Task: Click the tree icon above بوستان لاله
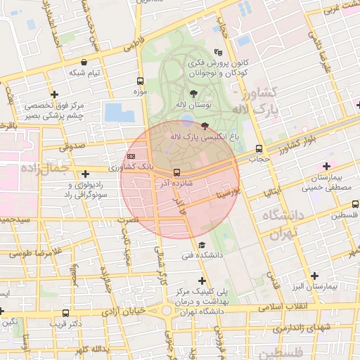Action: pyautogui.click(x=193, y=93)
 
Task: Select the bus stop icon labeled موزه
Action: pyautogui.click(x=140, y=81)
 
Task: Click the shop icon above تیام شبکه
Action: pyautogui.click(x=84, y=62)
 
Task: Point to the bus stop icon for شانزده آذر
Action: pyautogui.click(x=176, y=172)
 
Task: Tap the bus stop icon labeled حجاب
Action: pyautogui.click(x=259, y=148)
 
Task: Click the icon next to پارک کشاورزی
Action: pyautogui.click(x=131, y=156)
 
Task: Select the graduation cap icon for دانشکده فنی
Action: pyautogui.click(x=202, y=245)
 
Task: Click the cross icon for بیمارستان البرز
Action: pyautogui.click(x=314, y=276)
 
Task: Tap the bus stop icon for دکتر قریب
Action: pyautogui.click(x=66, y=314)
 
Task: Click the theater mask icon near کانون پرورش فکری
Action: pyautogui.click(x=219, y=51)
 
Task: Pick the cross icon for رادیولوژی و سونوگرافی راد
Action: pyautogui.click(x=85, y=174)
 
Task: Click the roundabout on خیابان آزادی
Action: pyautogui.click(x=168, y=310)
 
